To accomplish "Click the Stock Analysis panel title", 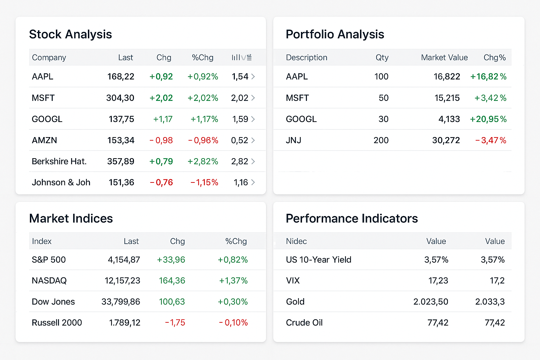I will [x=70, y=34].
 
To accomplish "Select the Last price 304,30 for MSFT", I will [x=120, y=98].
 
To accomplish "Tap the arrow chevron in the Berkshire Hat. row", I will [x=253, y=161].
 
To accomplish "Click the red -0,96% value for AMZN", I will [x=203, y=140].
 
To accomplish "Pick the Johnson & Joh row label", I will [x=61, y=182].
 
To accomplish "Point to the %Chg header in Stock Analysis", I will [x=202, y=58].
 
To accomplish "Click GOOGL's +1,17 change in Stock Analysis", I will [x=163, y=119].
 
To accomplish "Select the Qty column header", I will [x=382, y=58].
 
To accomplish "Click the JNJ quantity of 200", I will [x=381, y=140].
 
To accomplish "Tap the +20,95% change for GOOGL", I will [x=488, y=119].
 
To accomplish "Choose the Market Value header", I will [x=444, y=58].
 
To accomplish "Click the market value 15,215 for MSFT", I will [x=447, y=98].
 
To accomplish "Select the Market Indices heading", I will [x=71, y=219].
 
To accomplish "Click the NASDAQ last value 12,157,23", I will [x=122, y=281].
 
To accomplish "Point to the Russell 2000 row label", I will [x=57, y=323].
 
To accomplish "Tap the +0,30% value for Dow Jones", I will [x=233, y=302].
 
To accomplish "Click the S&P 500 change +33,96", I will [x=171, y=260].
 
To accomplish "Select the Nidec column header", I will [x=296, y=241].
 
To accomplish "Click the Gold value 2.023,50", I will [x=431, y=302].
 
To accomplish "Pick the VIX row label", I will [x=293, y=281].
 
